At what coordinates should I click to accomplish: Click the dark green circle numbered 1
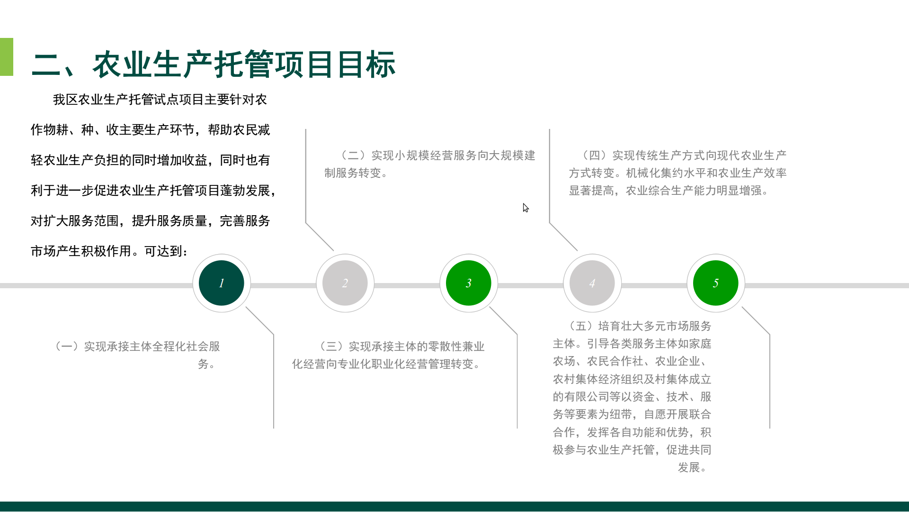222,283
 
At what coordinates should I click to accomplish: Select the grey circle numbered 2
345,283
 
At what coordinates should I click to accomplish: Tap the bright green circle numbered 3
469,283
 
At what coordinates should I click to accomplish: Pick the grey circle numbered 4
592,283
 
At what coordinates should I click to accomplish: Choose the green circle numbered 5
716,283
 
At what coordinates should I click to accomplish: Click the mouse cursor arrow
526,208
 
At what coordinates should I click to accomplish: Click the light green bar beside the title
7,57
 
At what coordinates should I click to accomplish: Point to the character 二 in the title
46,64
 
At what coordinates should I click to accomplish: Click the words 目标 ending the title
366,64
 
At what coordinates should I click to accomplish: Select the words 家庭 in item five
700,344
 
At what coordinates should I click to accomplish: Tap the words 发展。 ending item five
692,467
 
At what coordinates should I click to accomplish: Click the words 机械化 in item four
643,173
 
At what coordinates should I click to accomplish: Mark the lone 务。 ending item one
206,364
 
